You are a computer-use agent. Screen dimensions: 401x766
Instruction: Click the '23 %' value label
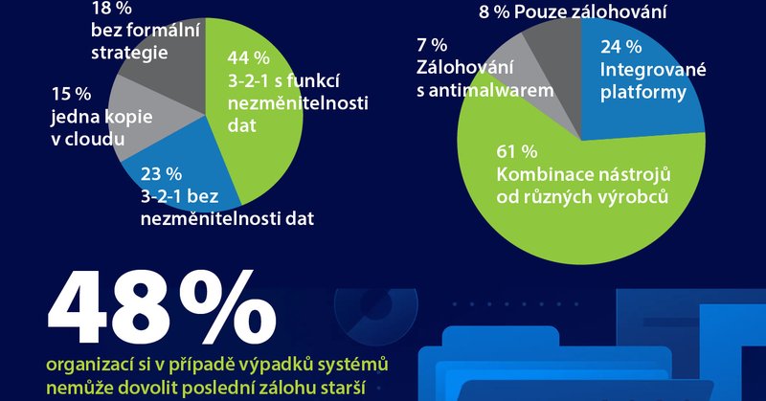coord(161,174)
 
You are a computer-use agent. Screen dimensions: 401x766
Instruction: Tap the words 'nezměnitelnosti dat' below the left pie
coord(228,217)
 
